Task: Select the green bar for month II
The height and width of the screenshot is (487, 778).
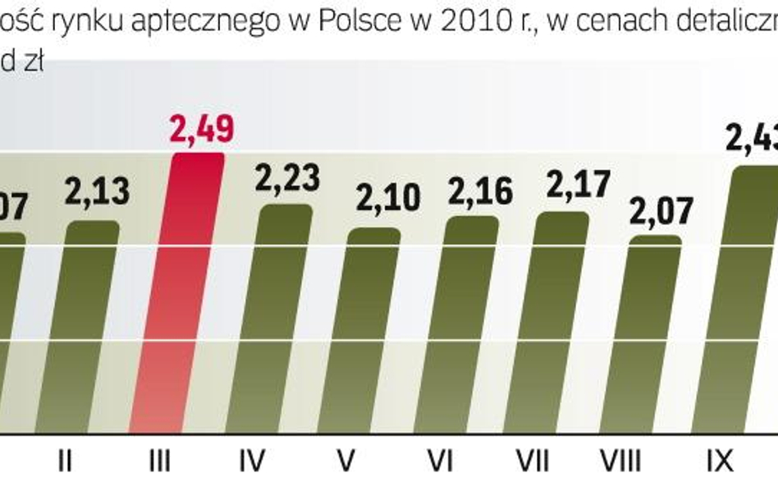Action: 92,328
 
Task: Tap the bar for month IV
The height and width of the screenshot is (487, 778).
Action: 286,320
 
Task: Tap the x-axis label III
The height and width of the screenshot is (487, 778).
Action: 161,462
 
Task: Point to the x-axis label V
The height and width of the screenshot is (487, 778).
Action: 346,462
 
